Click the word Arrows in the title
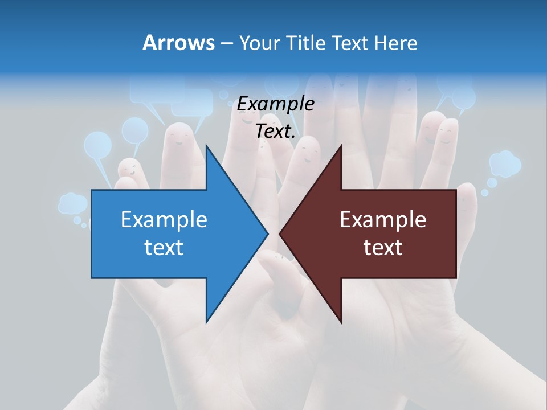click(178, 43)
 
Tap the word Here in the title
click(396, 43)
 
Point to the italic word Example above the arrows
click(275, 104)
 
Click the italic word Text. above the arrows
click(275, 132)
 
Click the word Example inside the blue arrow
click(164, 220)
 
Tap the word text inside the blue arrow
click(164, 248)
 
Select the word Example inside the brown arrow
click(383, 220)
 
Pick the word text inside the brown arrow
click(383, 248)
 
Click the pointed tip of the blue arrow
click(267, 233)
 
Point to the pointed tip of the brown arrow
click(280, 233)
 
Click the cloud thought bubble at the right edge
click(505, 163)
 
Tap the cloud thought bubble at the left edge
click(72, 203)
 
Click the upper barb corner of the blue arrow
click(207, 146)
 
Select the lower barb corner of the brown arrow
click(341, 322)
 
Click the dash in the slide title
click(226, 43)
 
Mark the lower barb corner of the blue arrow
click(207, 322)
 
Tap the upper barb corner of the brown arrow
click(341, 146)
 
